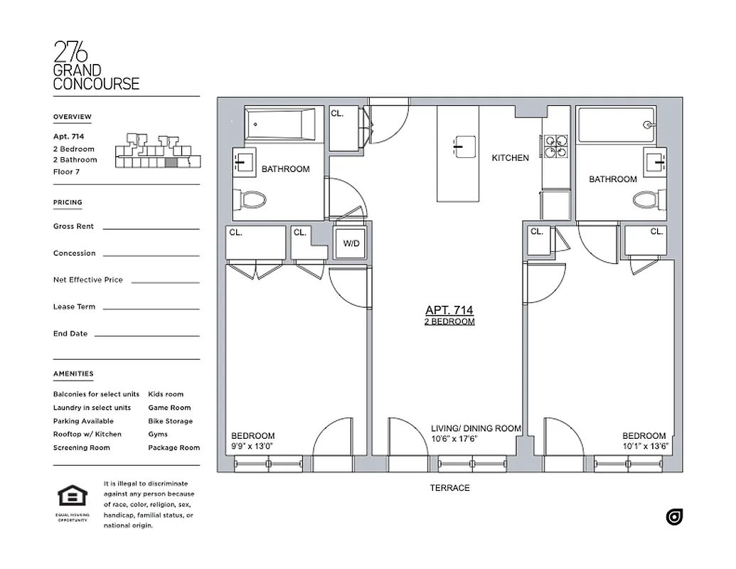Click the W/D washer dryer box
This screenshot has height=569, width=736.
click(x=352, y=243)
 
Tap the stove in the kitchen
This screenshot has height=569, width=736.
click(x=556, y=146)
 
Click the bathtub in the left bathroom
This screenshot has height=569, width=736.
click(x=280, y=124)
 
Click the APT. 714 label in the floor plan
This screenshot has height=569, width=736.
click(x=449, y=310)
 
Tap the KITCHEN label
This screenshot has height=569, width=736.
click(x=511, y=158)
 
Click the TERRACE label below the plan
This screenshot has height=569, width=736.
click(x=449, y=488)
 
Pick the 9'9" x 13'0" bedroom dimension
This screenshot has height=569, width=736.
click(x=253, y=447)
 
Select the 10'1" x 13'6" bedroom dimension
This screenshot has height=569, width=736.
click(x=644, y=447)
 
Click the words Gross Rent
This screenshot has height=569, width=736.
click(x=73, y=226)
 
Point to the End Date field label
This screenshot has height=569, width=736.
click(x=70, y=334)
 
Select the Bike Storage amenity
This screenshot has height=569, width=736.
click(x=171, y=421)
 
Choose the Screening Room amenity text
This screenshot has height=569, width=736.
click(x=82, y=448)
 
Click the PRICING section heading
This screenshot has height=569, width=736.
click(x=68, y=203)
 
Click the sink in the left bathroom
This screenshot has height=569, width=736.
click(x=242, y=164)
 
